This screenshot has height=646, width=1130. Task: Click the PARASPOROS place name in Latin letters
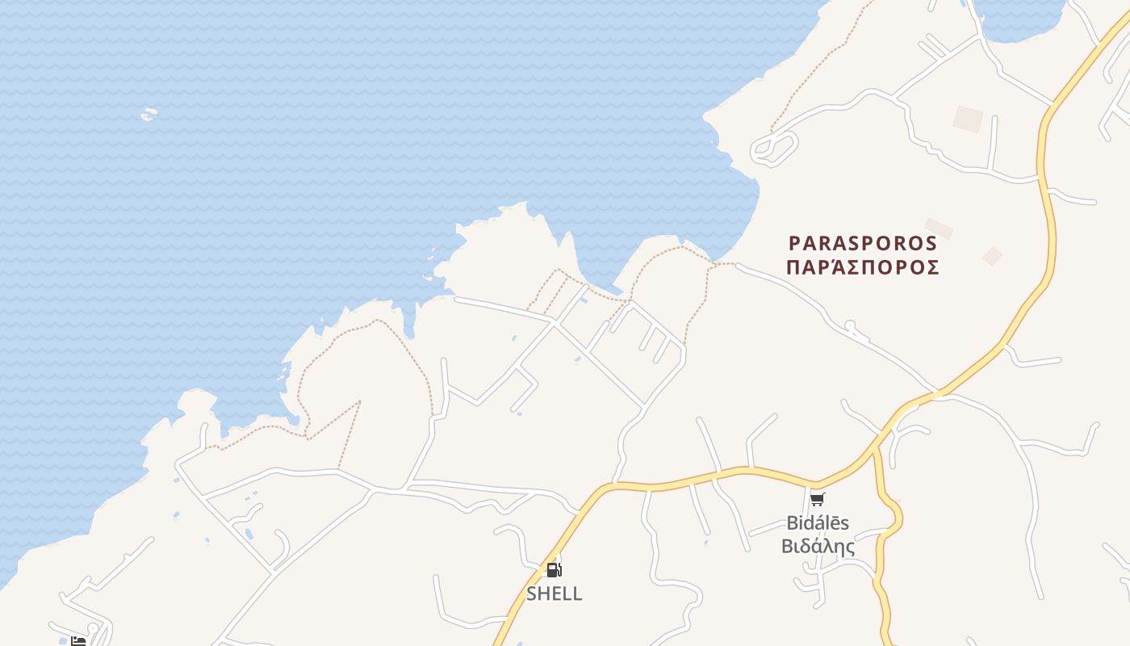pos(863,243)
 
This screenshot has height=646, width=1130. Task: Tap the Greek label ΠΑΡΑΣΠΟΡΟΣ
pos(863,268)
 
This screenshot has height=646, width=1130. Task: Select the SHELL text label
pos(554,594)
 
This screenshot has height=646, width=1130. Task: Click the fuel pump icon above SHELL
pos(554,570)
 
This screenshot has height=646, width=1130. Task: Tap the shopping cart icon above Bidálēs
pos(818,499)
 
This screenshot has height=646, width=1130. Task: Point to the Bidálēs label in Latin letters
pos(818,522)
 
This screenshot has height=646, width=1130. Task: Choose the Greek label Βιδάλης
pos(818,547)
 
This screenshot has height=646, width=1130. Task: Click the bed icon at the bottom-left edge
pos(78,641)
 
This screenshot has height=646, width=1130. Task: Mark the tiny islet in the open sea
pos(149,115)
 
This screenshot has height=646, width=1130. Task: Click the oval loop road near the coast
pos(774,148)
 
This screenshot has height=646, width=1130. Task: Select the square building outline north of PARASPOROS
pos(968,119)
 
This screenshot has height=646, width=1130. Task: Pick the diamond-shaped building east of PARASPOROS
pos(992,256)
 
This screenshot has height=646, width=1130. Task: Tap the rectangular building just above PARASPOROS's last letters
pos(939,229)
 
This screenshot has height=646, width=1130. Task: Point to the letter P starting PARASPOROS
pos(794,243)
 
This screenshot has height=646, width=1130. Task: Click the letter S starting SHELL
pos(532,594)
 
